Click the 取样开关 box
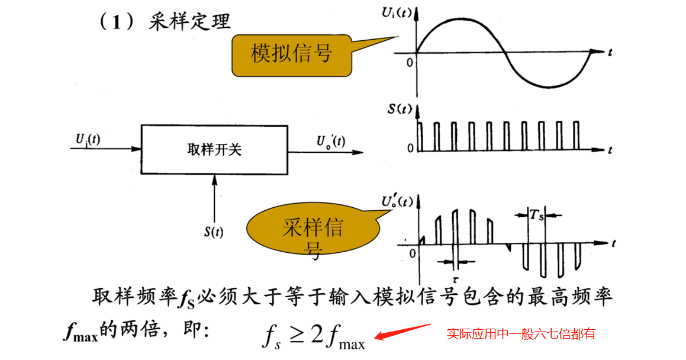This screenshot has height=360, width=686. (x=214, y=150)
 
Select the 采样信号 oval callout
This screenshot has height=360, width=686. (x=312, y=230)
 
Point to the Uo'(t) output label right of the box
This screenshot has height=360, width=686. (x=331, y=141)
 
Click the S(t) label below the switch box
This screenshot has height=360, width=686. (x=214, y=232)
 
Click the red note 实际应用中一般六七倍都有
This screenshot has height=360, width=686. (x=520, y=334)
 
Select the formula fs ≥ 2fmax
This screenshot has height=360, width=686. (x=314, y=336)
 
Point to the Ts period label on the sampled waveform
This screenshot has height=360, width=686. (x=536, y=216)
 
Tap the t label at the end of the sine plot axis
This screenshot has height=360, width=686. (x=609, y=53)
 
